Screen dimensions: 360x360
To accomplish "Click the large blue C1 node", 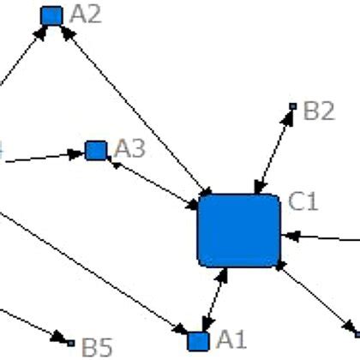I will tap(239, 231).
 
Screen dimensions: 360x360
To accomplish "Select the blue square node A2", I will tap(52, 15).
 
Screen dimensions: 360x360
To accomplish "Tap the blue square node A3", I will tap(96, 151).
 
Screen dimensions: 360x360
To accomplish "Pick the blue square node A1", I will tap(199, 339).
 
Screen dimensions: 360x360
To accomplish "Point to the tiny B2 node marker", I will tap(292, 107).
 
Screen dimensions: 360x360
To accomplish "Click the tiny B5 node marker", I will tap(71, 342).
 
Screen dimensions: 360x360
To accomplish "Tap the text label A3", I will tap(129, 148).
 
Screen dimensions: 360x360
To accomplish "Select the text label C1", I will tap(303, 202).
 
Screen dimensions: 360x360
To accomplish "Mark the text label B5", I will tap(97, 347).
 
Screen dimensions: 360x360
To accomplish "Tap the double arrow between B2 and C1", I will tap(275, 150).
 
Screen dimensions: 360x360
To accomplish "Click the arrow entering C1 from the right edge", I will tap(321, 236).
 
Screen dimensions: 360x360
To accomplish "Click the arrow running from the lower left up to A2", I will tap(21, 60).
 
